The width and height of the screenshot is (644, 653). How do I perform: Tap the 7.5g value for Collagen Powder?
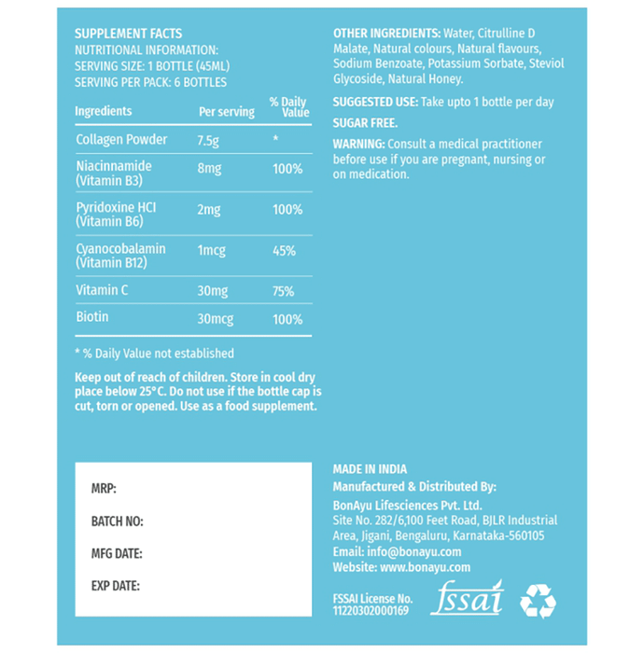point(210,140)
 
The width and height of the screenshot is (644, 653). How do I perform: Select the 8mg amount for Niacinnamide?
point(210,170)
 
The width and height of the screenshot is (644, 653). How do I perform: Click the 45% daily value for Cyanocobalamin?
point(285,251)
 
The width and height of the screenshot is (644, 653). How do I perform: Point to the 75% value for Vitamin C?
point(284,291)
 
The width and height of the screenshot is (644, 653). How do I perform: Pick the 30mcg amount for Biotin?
point(216,319)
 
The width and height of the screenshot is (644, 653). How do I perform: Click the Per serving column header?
point(227,112)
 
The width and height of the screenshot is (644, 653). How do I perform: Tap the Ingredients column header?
point(104,111)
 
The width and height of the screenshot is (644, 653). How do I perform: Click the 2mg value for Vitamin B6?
point(210,211)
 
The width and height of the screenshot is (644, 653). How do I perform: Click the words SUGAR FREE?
point(366,123)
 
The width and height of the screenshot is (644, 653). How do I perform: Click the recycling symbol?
point(538,602)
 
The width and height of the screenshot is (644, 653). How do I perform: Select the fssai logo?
point(467,598)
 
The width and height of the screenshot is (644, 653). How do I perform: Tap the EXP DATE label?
point(116,587)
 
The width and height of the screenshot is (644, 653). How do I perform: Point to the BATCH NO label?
point(117,521)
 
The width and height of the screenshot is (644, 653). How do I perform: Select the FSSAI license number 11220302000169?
point(371,611)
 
